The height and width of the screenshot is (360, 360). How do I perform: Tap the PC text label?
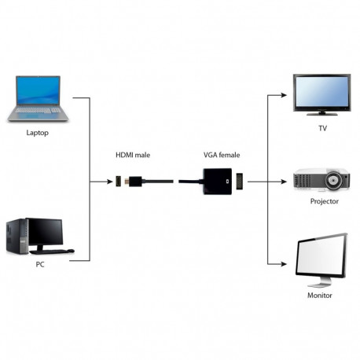click(x=40, y=263)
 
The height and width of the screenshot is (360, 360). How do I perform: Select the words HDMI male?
click(x=132, y=155)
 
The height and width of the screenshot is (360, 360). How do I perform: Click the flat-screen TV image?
click(x=321, y=93)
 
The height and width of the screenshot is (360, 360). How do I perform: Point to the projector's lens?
click(x=337, y=180)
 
